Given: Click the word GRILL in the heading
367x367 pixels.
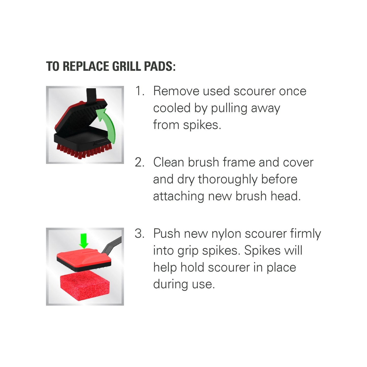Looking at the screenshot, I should (x=126, y=66).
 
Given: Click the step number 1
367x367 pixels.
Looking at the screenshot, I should (x=139, y=91).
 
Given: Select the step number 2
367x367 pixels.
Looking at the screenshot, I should (x=139, y=162).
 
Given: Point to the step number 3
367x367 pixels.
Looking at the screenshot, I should (x=139, y=233).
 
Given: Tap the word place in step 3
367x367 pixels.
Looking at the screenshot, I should (x=281, y=268).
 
